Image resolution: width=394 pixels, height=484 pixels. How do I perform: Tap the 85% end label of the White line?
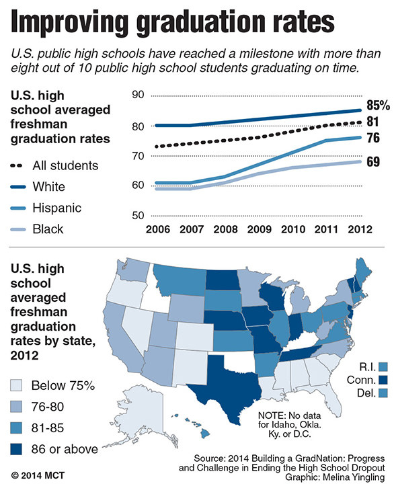pos(378,106)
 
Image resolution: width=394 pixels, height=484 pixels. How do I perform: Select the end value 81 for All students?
pos(372,122)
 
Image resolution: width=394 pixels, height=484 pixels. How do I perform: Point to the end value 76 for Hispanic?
pos(373,138)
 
